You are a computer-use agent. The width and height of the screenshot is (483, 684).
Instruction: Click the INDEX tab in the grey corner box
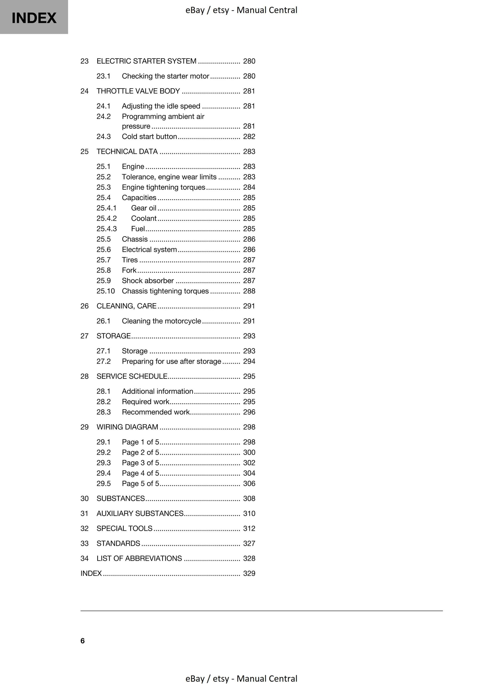point(34,18)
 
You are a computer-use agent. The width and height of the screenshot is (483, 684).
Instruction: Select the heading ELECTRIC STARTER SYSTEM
point(146,61)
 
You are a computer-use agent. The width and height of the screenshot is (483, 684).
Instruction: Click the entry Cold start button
point(149,136)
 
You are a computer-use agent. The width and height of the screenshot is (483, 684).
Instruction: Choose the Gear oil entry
point(143,208)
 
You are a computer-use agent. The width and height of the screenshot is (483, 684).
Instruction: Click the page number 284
point(249,187)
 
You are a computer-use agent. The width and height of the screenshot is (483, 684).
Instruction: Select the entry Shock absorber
point(148,281)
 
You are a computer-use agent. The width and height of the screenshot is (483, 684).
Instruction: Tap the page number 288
point(249,291)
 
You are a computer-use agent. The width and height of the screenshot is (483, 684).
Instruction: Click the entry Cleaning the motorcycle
point(161,321)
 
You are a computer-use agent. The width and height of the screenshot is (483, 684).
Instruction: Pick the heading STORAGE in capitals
point(113,336)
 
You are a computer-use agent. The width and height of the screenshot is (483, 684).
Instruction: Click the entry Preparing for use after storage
point(171,361)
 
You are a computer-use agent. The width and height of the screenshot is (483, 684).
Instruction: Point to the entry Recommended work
point(155,412)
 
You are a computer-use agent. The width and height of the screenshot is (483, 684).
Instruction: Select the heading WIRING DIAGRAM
point(127,427)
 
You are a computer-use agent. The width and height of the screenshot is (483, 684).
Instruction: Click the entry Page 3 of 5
point(140,463)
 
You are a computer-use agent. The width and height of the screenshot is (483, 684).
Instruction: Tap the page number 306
point(249,484)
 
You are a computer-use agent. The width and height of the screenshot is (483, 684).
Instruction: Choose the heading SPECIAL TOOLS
point(124,528)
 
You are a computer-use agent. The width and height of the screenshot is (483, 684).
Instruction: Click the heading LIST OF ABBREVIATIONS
point(139,558)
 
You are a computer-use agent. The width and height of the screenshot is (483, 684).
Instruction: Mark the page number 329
point(249,573)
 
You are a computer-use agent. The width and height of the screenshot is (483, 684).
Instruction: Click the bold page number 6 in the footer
point(82,641)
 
